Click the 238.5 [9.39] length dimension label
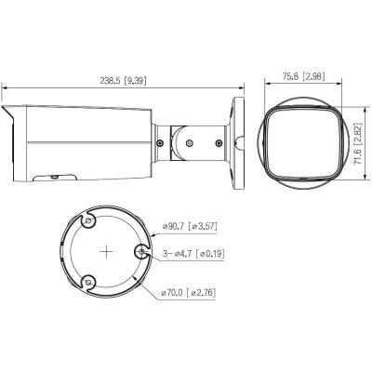(123, 81)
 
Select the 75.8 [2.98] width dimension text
(303, 68)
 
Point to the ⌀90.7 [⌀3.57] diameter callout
(190, 226)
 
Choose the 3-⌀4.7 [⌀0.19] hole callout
(193, 254)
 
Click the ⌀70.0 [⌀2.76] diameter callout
(189, 293)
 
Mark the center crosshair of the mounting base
(107, 251)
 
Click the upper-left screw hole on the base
(88, 221)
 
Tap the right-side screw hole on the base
(141, 252)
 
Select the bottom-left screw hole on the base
(89, 282)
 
